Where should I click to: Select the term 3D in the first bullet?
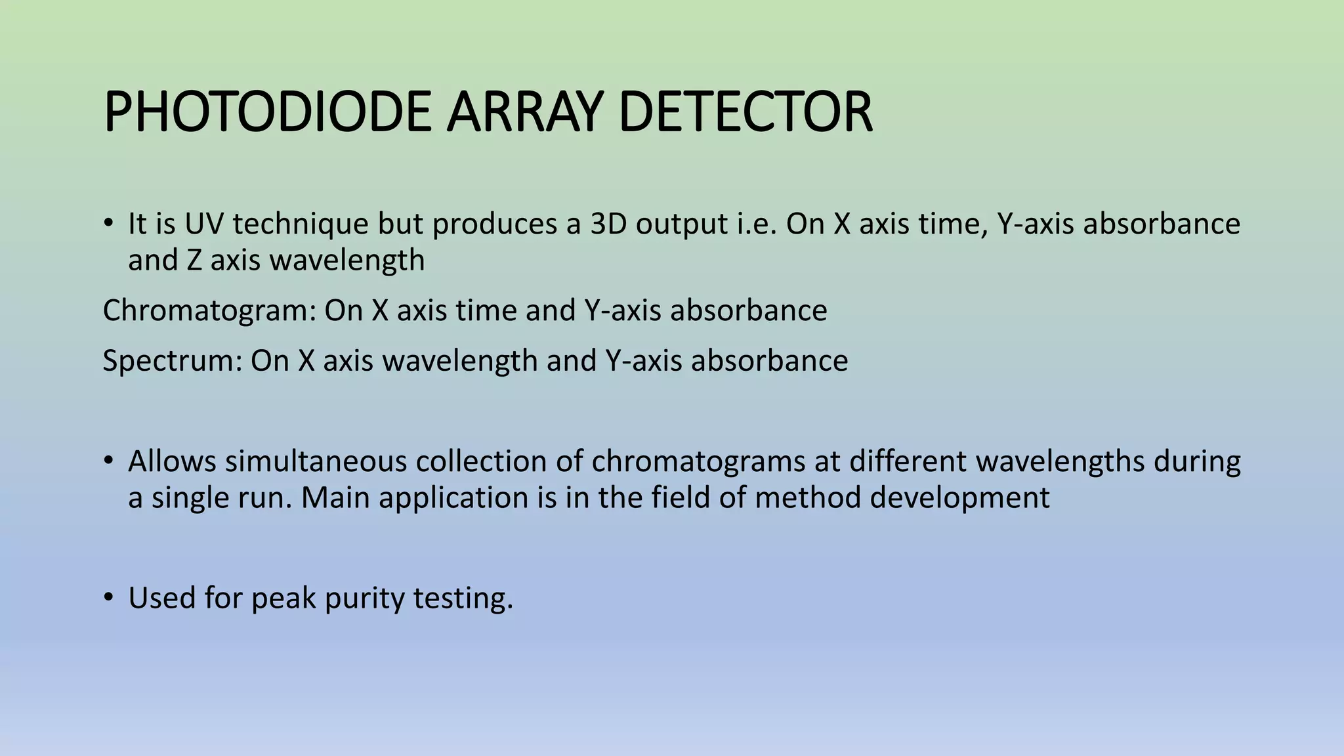click(608, 224)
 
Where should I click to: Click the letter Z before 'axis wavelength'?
click(194, 261)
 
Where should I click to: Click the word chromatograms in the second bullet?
click(698, 461)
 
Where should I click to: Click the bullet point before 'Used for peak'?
click(109, 597)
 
